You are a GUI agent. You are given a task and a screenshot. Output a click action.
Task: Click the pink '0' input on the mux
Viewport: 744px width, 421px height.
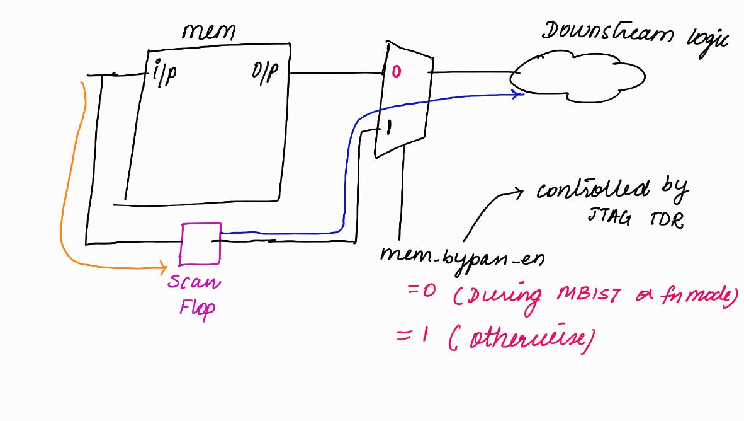click(395, 72)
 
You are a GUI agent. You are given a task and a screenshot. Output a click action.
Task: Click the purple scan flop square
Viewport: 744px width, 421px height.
click(201, 243)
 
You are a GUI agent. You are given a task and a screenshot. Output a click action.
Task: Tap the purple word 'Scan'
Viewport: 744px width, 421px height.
click(194, 282)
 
